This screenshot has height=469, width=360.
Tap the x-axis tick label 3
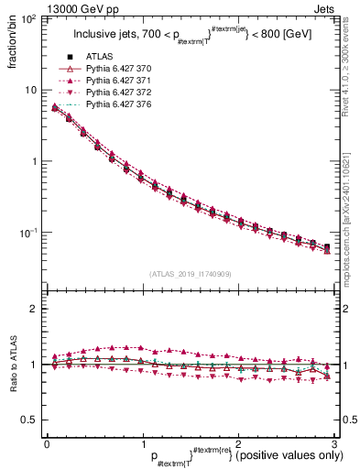336,443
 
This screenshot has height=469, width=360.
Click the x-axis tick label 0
46,443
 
